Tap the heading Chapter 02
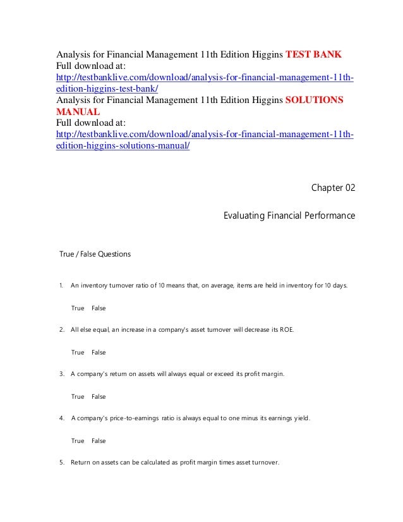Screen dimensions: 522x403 coord(334,188)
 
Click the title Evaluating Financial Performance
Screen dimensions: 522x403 coord(289,216)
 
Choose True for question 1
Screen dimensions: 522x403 coord(78,308)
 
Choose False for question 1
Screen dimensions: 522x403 coord(99,308)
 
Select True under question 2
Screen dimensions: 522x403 coord(78,352)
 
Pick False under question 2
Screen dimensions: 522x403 coord(99,352)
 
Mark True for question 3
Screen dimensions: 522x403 coord(78,396)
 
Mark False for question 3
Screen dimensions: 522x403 coord(99,396)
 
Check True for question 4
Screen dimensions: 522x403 coord(78,440)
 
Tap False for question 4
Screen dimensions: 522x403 coord(99,440)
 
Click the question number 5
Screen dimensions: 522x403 coord(61,462)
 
